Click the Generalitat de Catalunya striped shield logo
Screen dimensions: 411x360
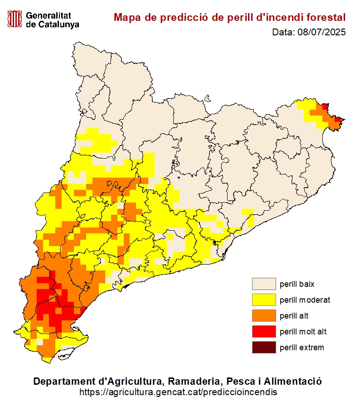[x=15, y=19]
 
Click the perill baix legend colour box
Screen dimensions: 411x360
[x=264, y=284]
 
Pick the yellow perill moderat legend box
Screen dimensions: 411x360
[x=264, y=300]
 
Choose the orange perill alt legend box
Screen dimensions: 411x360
[x=264, y=316]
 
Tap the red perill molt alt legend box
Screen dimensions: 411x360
[x=264, y=332]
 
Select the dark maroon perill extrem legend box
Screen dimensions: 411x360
[x=264, y=348]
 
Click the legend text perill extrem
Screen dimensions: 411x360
[x=302, y=348]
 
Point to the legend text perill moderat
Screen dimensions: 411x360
[x=305, y=300]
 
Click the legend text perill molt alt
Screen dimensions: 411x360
[x=303, y=332]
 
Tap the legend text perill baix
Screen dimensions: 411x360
[x=297, y=284]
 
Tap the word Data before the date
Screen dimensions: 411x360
[x=283, y=32]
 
